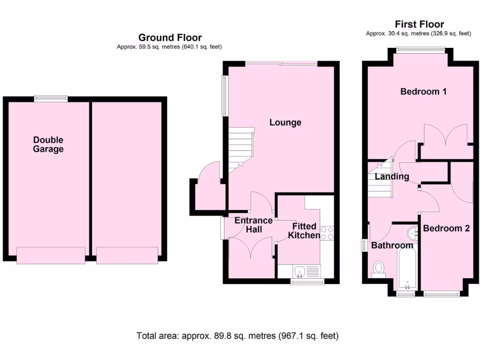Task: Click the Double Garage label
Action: pyautogui.click(x=48, y=144)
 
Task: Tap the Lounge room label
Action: pyautogui.click(x=285, y=122)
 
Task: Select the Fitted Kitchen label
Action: pyautogui.click(x=304, y=231)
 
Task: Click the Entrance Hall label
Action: pyautogui.click(x=253, y=225)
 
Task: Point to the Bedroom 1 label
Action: pyautogui.click(x=423, y=91)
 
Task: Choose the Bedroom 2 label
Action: pyautogui.click(x=446, y=228)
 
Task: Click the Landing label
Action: pyautogui.click(x=391, y=177)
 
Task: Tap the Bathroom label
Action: pyautogui.click(x=392, y=245)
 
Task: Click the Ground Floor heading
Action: pyautogui.click(x=170, y=37)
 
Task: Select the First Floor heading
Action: pyautogui.click(x=419, y=24)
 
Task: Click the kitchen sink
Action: pyautogui.click(x=299, y=270)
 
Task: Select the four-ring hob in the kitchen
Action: pyautogui.click(x=327, y=233)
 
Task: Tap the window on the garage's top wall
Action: pyautogui.click(x=51, y=98)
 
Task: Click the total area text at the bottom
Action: pyautogui.click(x=237, y=336)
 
